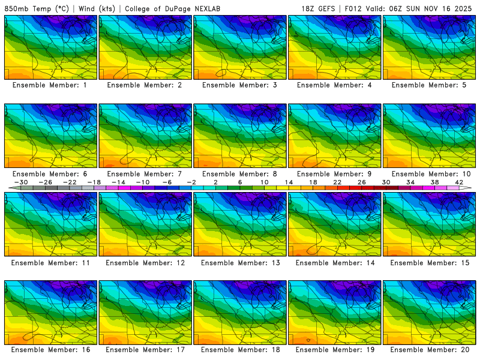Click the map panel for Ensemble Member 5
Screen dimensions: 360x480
(430, 47)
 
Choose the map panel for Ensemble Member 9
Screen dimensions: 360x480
(335, 136)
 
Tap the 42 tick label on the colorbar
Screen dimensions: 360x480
(460, 182)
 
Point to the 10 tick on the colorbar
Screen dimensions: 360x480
(265, 182)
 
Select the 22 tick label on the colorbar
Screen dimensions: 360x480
(338, 182)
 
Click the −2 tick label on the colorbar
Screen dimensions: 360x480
(191, 182)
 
